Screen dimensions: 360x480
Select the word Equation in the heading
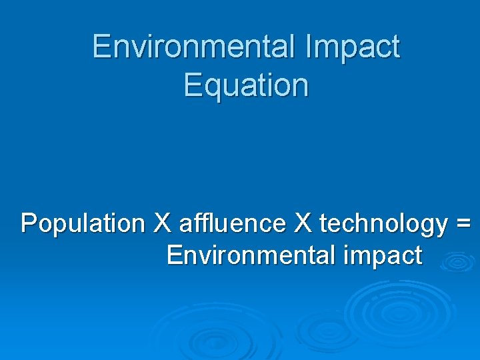click(x=246, y=85)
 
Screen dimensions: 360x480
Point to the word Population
click(x=82, y=224)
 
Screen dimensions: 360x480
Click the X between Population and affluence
click(x=162, y=224)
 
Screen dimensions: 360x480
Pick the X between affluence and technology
click(x=303, y=224)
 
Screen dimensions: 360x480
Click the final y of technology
click(x=440, y=227)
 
